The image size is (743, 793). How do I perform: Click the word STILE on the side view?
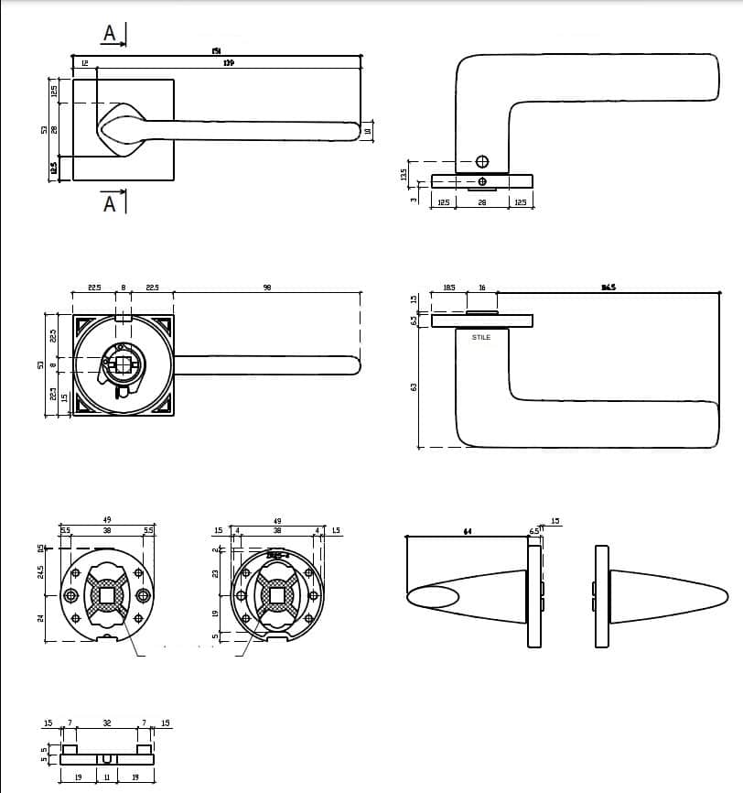(481, 338)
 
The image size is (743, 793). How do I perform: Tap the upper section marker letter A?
(110, 33)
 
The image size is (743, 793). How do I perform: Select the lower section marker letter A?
(110, 203)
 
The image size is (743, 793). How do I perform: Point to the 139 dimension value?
(229, 63)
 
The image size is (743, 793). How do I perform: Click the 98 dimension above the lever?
(267, 288)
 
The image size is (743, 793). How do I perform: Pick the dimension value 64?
(467, 531)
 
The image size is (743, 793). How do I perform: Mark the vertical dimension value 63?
(414, 386)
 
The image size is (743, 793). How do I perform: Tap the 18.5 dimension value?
(449, 288)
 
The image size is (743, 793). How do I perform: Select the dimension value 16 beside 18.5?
(482, 288)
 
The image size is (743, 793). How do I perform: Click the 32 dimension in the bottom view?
(106, 723)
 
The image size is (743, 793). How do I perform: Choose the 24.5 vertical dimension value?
(40, 572)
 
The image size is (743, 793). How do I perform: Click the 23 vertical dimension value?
(216, 572)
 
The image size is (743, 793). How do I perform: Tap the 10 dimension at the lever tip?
(368, 131)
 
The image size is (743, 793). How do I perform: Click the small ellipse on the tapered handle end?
(432, 598)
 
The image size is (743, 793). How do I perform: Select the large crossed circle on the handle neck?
(481, 163)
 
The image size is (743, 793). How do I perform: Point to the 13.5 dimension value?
(404, 173)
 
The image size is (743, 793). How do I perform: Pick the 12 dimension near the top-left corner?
(84, 63)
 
